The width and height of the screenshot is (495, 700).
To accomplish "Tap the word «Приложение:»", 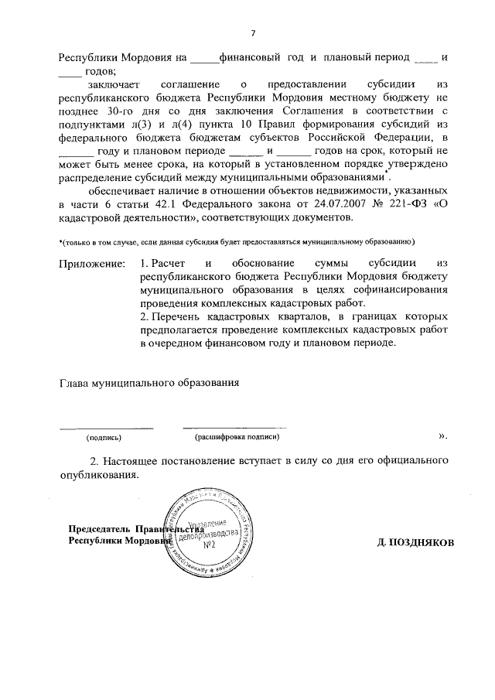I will click(92, 265).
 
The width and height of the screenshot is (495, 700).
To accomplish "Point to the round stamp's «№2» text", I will click(207, 546).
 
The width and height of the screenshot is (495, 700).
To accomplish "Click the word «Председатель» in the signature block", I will click(100, 530).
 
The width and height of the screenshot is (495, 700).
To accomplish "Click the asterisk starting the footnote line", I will click(62, 241).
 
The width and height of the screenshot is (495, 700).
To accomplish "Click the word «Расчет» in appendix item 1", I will click(169, 265).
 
